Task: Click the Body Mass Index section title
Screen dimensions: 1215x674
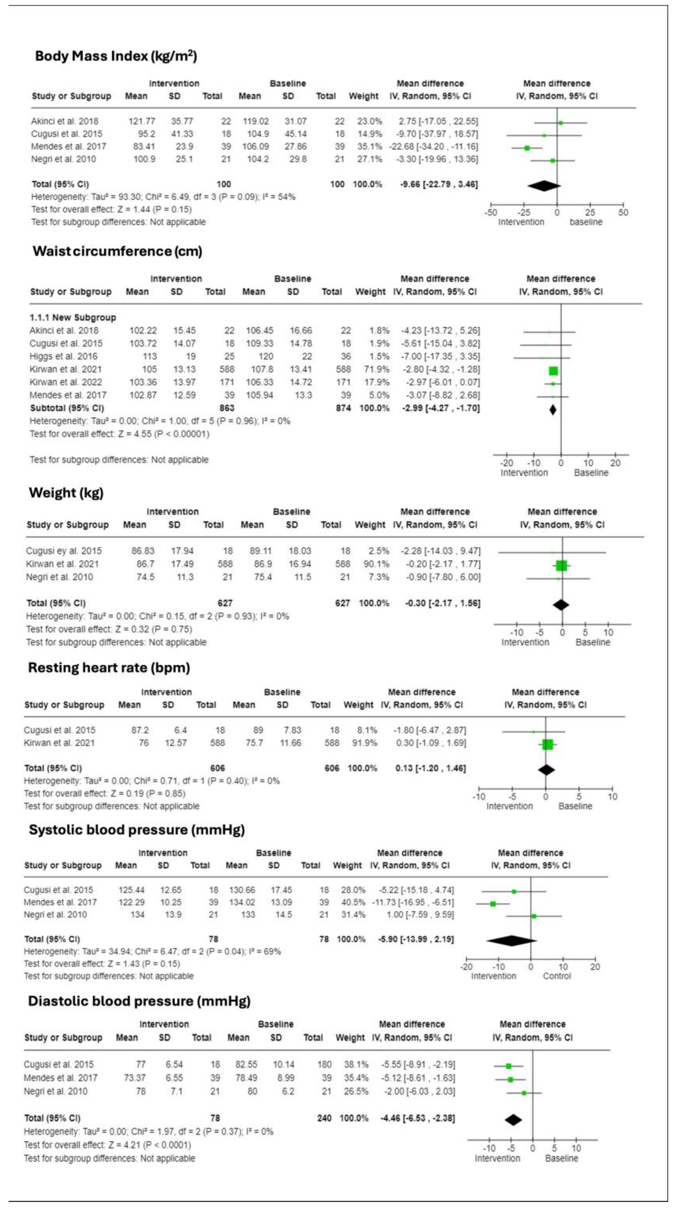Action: [116, 56]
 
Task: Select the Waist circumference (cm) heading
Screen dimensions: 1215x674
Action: [117, 251]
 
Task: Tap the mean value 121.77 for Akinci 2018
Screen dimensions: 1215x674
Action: [142, 121]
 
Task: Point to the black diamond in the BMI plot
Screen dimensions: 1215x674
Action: [544, 186]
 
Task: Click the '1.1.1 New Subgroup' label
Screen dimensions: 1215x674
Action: [73, 317]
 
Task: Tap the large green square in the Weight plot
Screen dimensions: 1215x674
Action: [561, 566]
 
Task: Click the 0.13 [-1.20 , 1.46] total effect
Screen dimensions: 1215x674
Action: [430, 768]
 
